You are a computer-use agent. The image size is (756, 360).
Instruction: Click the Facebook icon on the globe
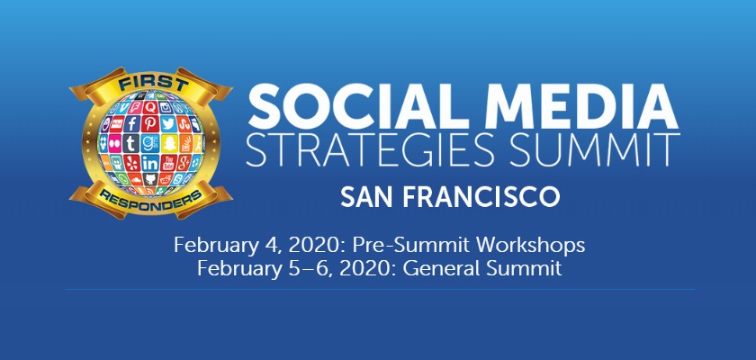(131, 124)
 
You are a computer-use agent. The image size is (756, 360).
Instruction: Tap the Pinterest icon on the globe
(150, 123)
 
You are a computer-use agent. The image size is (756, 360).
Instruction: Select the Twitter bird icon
(168, 124)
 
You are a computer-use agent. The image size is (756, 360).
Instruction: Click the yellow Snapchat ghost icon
(169, 143)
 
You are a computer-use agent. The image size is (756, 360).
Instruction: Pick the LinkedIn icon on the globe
(150, 163)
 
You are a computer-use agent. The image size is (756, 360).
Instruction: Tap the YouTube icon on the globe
(168, 162)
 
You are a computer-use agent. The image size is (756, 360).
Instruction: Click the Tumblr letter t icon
(130, 143)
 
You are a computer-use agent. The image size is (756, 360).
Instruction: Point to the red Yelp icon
(131, 162)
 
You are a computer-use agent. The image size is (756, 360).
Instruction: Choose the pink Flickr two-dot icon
(115, 143)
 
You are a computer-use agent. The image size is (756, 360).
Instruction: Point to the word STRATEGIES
(370, 151)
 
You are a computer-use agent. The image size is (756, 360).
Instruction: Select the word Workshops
(530, 246)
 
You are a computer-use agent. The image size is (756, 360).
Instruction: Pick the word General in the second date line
(442, 268)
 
